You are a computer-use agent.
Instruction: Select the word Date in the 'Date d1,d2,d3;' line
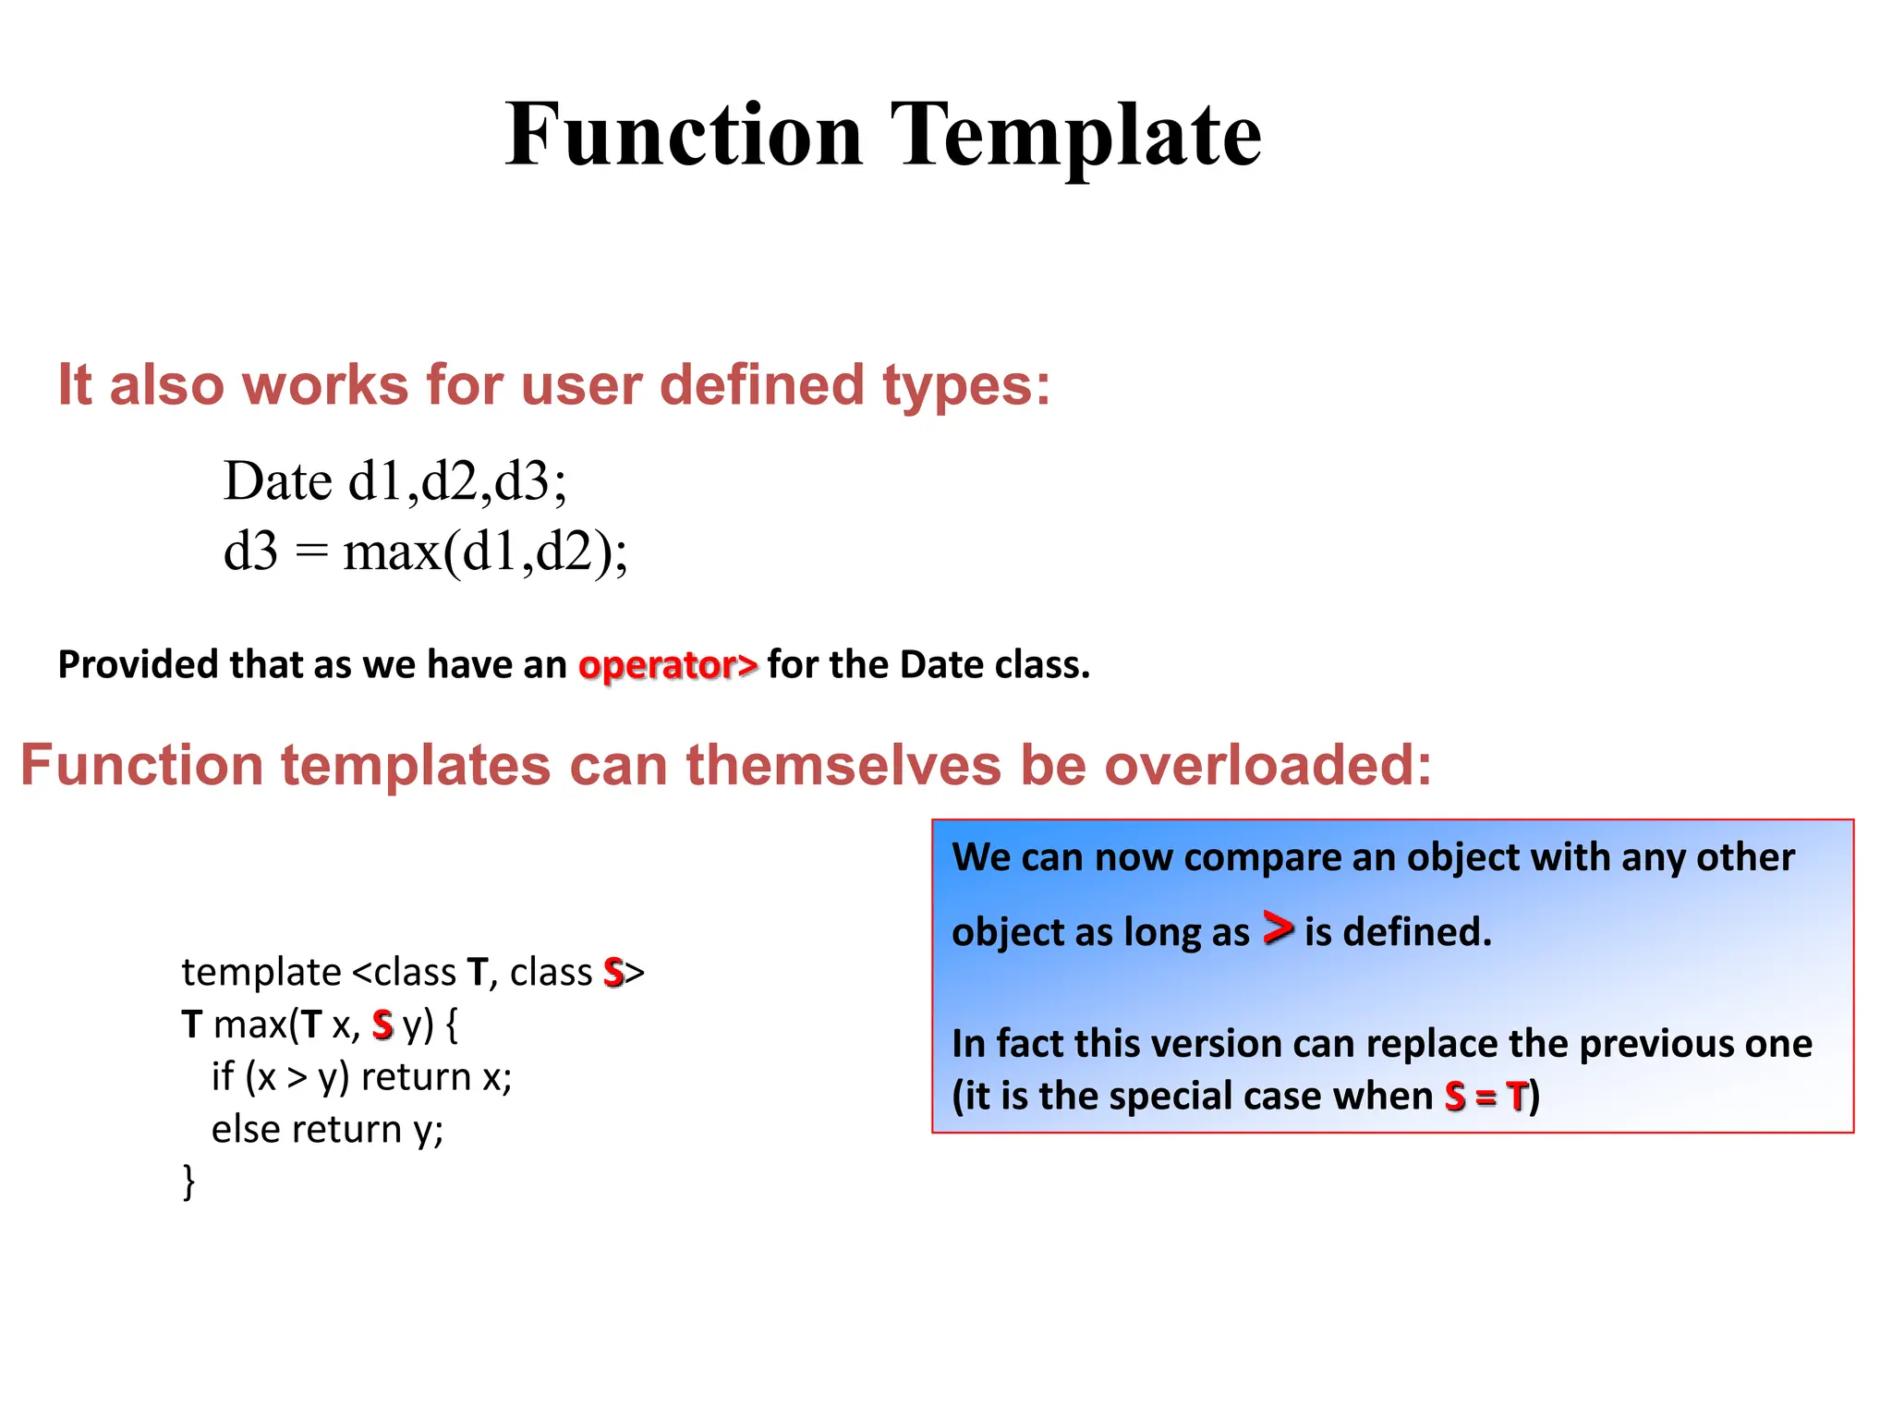tap(277, 481)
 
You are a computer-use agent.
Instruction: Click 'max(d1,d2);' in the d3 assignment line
tap(485, 552)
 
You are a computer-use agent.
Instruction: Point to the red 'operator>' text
tap(667, 665)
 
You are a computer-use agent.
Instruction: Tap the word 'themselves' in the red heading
tap(843, 766)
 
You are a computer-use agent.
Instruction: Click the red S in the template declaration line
tap(613, 973)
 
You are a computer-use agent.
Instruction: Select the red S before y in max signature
tap(382, 1025)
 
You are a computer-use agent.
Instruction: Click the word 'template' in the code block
tap(261, 973)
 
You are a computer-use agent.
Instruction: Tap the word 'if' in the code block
tap(223, 1077)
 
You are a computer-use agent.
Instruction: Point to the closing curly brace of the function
tap(189, 1182)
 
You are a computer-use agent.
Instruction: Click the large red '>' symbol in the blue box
tap(1277, 928)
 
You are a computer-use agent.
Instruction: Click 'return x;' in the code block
tap(436, 1077)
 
